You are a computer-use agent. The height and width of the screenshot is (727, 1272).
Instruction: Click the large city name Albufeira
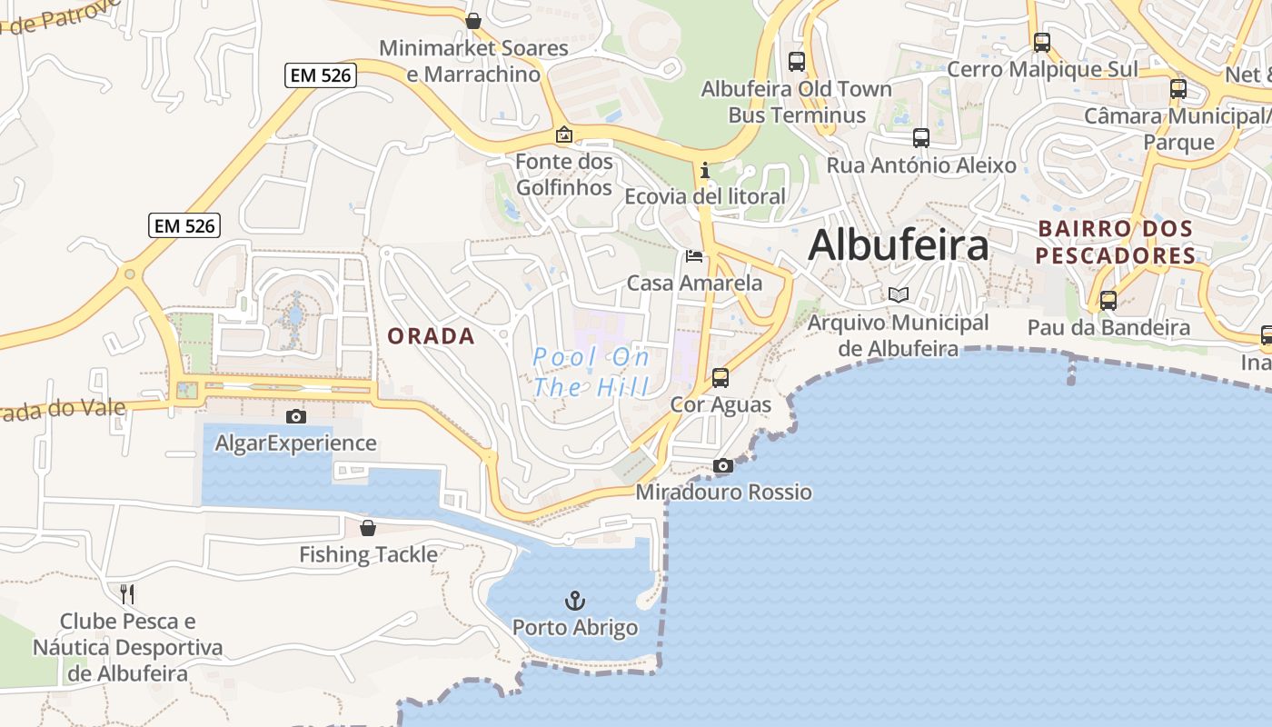(x=898, y=244)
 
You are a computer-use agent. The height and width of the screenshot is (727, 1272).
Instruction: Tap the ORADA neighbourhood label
(x=431, y=336)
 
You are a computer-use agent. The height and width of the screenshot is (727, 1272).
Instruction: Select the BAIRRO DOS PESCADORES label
(x=1115, y=242)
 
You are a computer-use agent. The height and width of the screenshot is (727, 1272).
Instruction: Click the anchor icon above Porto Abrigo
(x=574, y=601)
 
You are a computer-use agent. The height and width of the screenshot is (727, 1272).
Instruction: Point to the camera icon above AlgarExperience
(x=295, y=417)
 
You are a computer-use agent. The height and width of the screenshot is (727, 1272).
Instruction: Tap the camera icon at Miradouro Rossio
(x=723, y=466)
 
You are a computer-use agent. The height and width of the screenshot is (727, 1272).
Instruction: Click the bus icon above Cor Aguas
(x=720, y=378)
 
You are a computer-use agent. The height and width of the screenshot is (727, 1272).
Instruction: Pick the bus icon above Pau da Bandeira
(x=1108, y=301)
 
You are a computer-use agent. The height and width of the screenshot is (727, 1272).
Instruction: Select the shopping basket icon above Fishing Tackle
(x=368, y=528)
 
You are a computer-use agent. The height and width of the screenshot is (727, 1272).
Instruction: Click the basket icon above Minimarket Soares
(x=472, y=21)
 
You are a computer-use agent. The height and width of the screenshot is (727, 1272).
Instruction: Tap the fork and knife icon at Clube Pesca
(x=127, y=594)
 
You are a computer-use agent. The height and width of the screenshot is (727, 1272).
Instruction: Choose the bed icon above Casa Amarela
(x=694, y=256)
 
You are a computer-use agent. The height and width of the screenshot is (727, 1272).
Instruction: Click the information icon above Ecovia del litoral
(x=704, y=170)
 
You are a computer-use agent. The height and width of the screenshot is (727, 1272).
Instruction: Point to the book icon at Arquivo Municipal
(x=898, y=295)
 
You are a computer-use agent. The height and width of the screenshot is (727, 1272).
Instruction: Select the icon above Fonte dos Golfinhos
(x=564, y=135)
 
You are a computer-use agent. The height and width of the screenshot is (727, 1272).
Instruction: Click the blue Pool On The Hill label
(x=591, y=372)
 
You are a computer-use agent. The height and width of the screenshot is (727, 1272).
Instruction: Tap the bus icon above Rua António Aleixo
(x=920, y=138)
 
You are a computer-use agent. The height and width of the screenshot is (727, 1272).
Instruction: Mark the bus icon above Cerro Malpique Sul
(x=1042, y=43)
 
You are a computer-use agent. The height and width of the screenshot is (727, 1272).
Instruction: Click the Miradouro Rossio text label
(x=723, y=493)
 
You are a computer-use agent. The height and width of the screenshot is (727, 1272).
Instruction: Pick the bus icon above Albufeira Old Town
(x=797, y=62)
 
